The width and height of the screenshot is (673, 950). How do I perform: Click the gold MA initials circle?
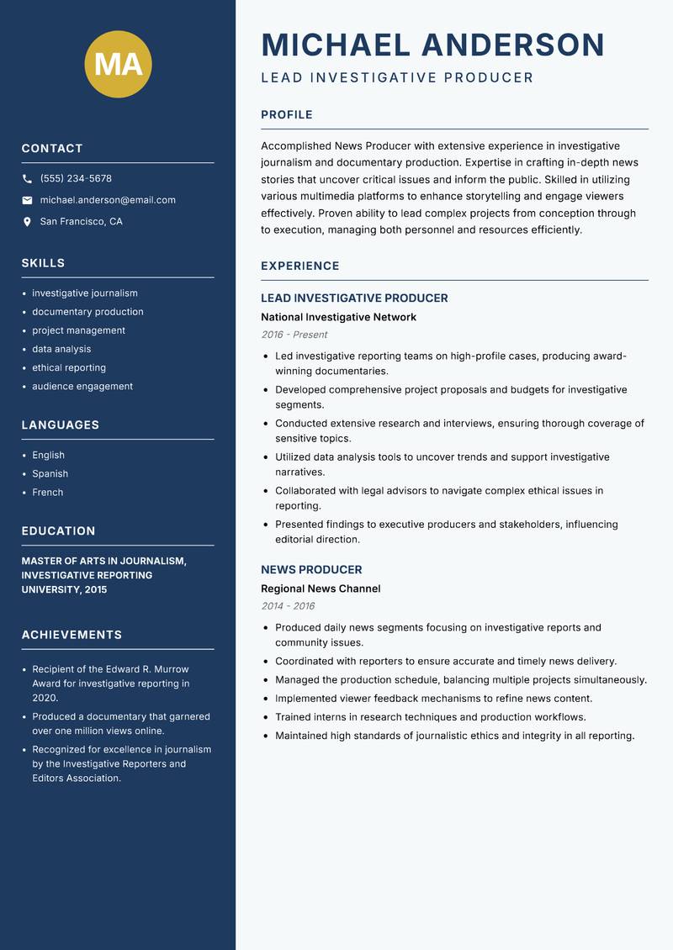pos(118,65)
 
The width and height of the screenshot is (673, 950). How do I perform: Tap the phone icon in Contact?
pos(27,179)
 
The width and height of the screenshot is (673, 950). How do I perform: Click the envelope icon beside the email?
pos(27,200)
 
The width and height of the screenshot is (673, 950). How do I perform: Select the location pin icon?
pos(27,222)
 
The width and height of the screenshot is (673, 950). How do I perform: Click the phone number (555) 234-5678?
pos(76,179)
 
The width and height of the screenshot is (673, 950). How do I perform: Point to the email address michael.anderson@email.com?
pos(108,200)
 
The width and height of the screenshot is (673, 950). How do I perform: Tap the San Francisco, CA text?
pos(81,222)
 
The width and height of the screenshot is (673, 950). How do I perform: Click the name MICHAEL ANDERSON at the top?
pos(433,45)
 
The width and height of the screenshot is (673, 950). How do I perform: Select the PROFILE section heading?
pos(287,115)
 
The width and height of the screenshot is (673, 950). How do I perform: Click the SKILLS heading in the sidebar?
pos(43,263)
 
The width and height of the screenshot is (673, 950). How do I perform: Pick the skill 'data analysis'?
pos(61,349)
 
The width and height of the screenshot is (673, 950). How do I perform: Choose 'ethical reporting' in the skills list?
pos(69,367)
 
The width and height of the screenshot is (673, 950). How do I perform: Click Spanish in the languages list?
pos(50,474)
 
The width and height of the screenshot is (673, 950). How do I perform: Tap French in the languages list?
pos(48,493)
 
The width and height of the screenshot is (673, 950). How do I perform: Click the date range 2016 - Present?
pos(294,335)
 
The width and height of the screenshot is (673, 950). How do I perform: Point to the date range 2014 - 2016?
pos(288,606)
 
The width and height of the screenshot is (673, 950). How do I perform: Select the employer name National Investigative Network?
pos(338,317)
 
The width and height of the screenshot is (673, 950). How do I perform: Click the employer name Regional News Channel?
pos(321,588)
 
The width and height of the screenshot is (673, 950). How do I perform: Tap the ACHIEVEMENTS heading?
pos(72,635)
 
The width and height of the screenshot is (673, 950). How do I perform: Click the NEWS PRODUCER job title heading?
pos(311,569)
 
